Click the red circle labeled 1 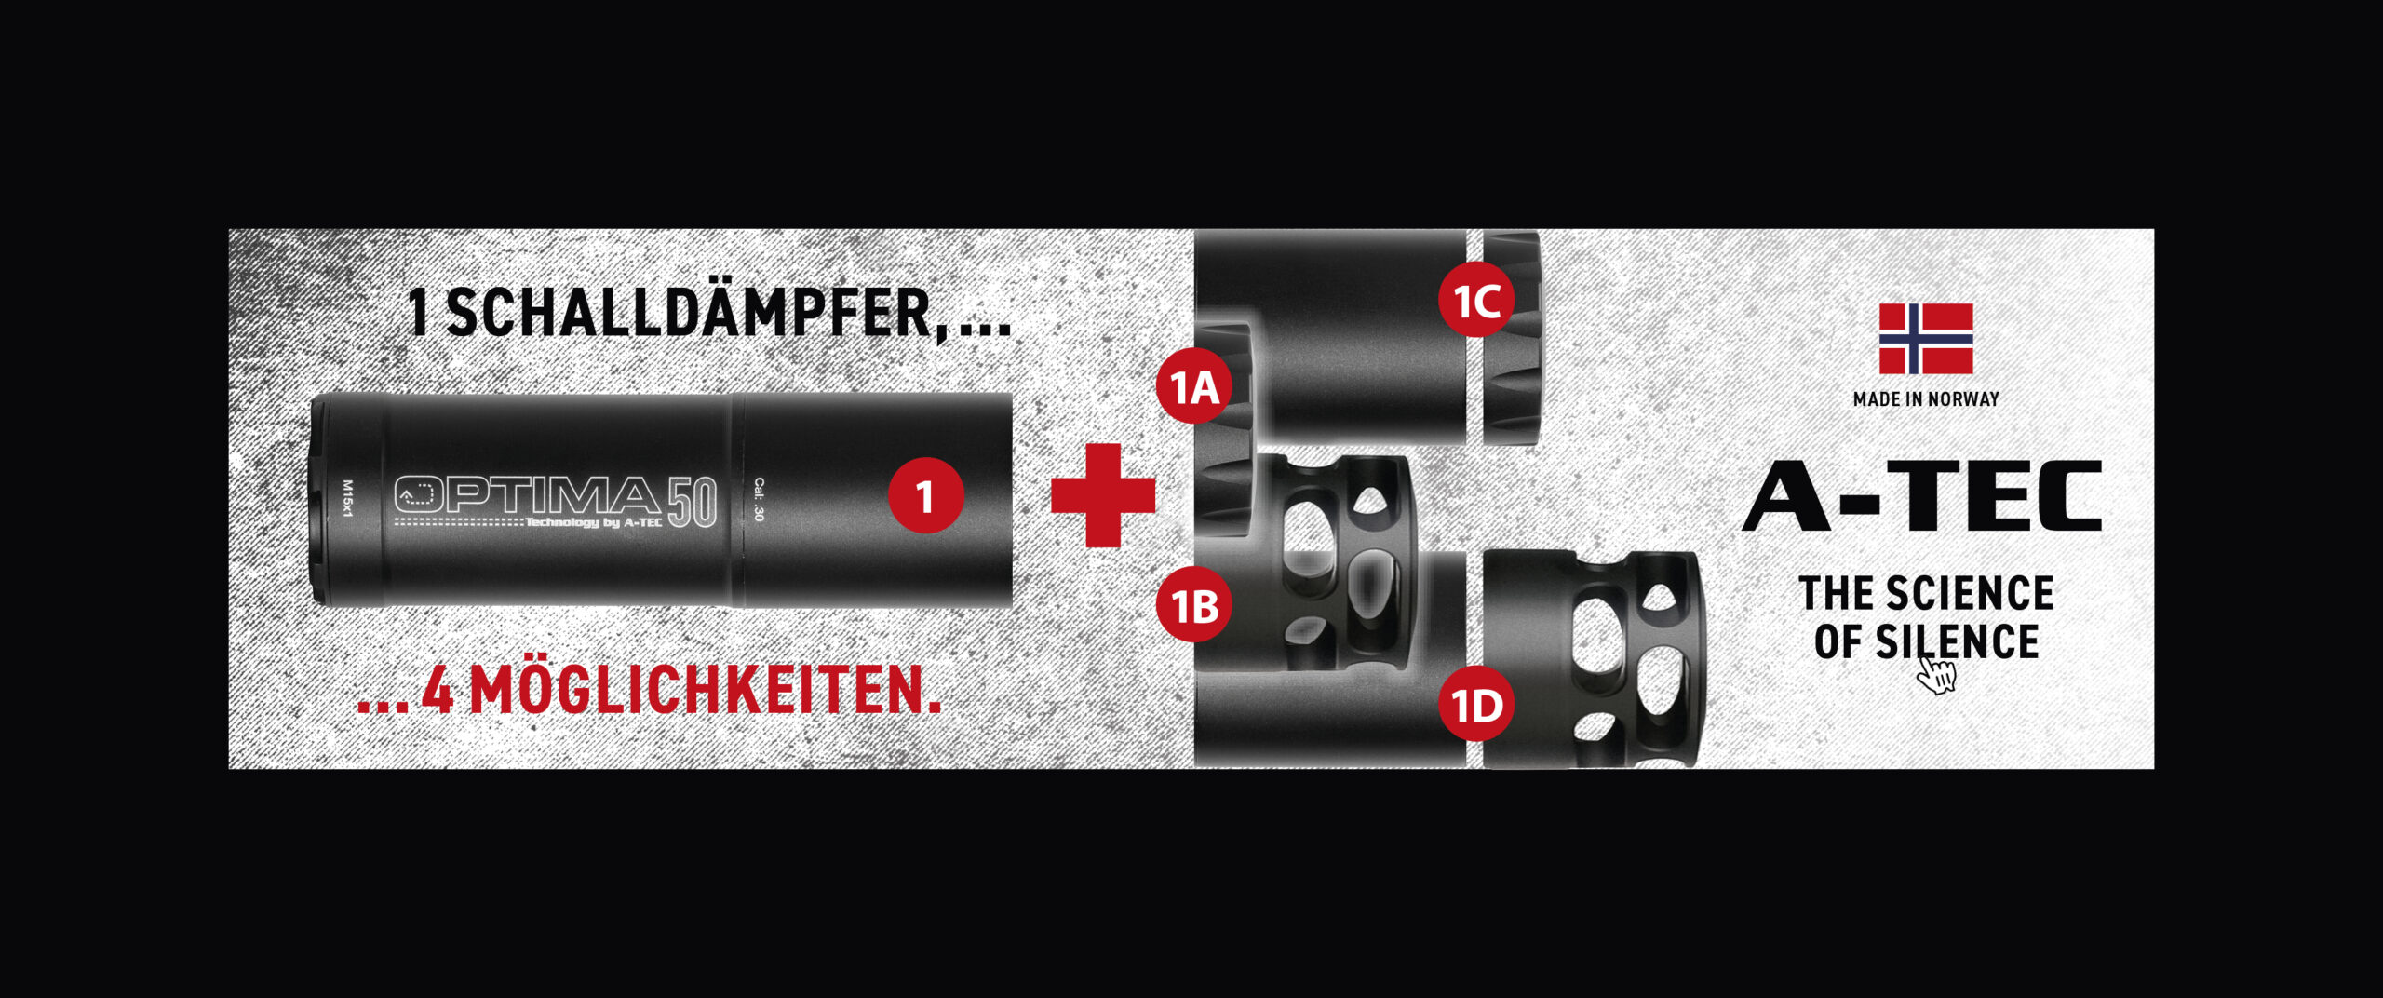pyautogui.click(x=925, y=495)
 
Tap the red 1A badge pyautogui.click(x=1194, y=386)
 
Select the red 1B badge pyautogui.click(x=1194, y=606)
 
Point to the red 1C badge pyautogui.click(x=1476, y=301)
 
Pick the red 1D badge pyautogui.click(x=1476, y=705)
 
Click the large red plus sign pyautogui.click(x=1103, y=495)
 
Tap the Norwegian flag pyautogui.click(x=1926, y=339)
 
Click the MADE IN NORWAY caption pyautogui.click(x=1926, y=399)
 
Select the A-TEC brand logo pyautogui.click(x=1922, y=496)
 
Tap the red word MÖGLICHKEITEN pyautogui.click(x=705, y=690)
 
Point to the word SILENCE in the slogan pyautogui.click(x=1957, y=642)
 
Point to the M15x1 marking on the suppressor pyautogui.click(x=348, y=499)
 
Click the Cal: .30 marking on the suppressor pyautogui.click(x=759, y=500)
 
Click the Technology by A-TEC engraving pyautogui.click(x=594, y=522)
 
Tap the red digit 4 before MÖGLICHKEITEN pyautogui.click(x=438, y=690)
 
